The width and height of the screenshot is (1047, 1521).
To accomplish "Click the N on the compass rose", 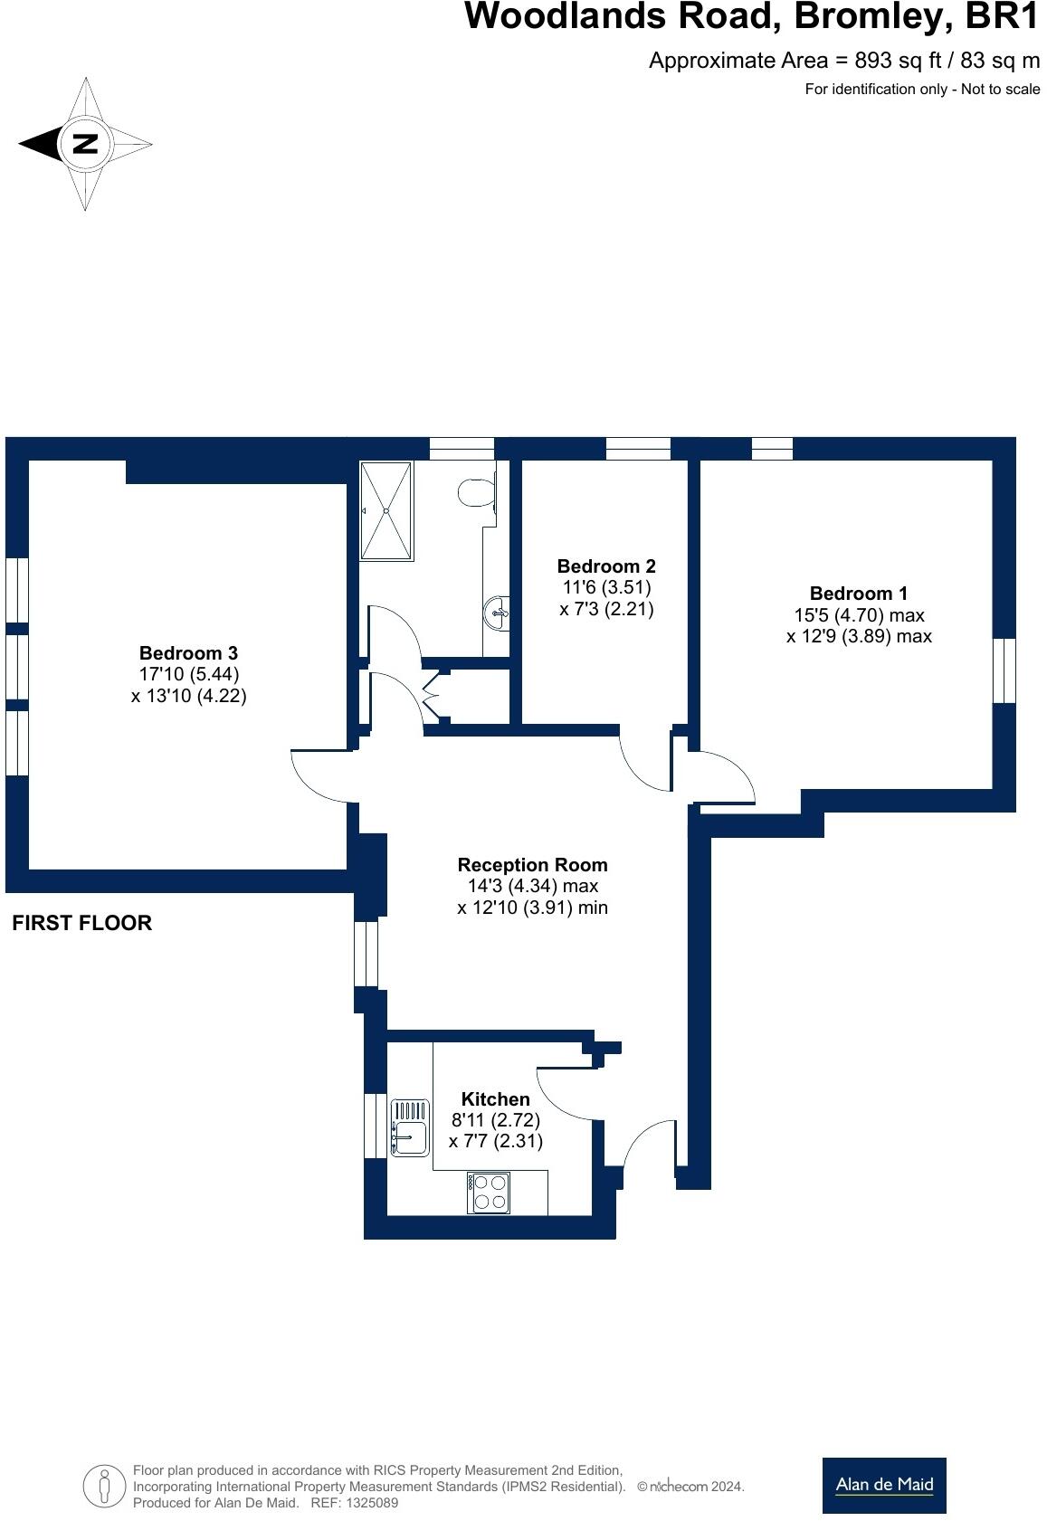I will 84,144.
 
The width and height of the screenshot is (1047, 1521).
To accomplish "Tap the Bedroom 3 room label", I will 188,653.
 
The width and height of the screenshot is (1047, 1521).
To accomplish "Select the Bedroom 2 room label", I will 605,566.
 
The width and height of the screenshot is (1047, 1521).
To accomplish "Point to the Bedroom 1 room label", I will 858,594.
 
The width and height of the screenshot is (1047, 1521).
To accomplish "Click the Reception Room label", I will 532,865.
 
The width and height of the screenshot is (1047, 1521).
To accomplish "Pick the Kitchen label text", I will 495,1099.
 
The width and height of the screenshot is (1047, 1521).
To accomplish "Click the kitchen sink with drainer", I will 410,1126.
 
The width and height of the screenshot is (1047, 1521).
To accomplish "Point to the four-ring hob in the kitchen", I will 489,1192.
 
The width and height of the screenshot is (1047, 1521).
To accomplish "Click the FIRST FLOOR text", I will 81,923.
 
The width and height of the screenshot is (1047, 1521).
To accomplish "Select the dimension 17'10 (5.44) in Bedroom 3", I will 188,674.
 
